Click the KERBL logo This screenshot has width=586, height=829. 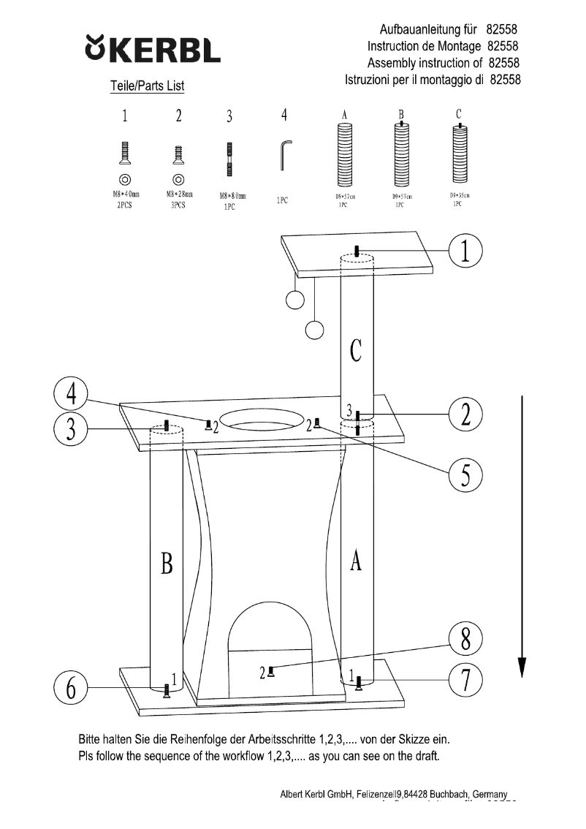click(153, 50)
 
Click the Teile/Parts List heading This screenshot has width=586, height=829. click(147, 86)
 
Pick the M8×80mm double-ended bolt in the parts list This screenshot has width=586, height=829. click(229, 159)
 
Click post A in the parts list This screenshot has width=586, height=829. click(344, 154)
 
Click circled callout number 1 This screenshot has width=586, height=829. click(466, 251)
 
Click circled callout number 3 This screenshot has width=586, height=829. click(71, 429)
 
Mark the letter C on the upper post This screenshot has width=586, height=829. click(356, 352)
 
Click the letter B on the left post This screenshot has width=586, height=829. click(167, 564)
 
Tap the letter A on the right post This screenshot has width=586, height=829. click(356, 561)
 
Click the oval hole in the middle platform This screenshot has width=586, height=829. click(261, 419)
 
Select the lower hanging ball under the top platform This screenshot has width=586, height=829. click(314, 330)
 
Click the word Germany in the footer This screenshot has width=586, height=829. click(490, 794)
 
